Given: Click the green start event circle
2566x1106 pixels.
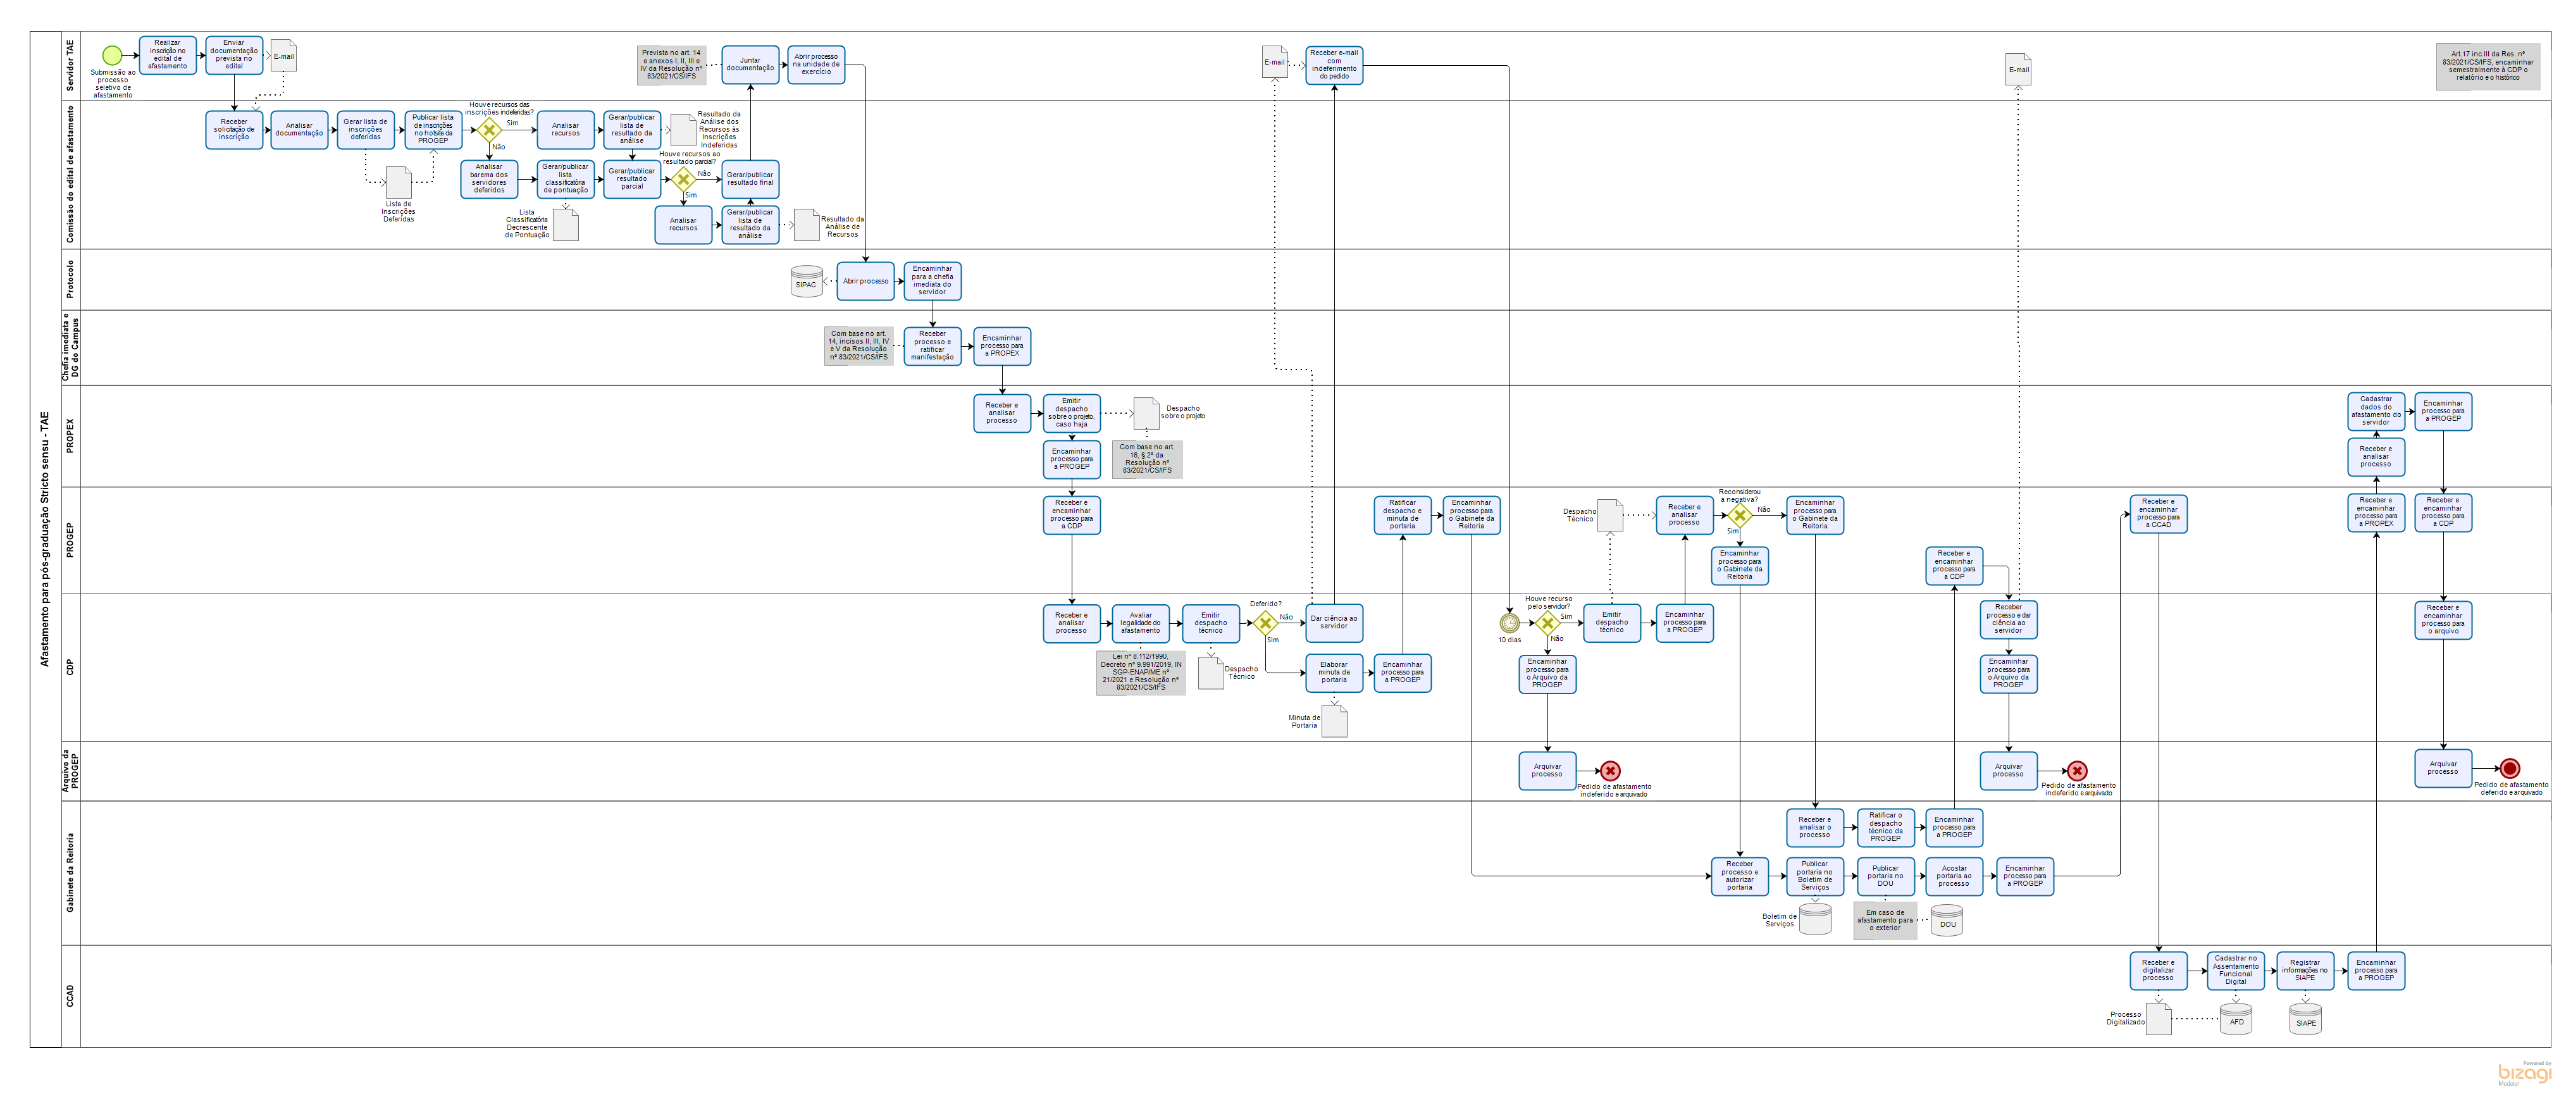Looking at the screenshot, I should point(113,56).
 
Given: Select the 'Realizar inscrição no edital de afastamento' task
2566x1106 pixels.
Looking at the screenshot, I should point(168,56).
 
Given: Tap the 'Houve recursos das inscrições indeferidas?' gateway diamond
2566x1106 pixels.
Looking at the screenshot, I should point(489,130).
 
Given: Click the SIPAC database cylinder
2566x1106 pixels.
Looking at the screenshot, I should point(806,282).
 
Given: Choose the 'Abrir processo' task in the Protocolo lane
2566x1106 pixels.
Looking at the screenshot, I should point(865,281).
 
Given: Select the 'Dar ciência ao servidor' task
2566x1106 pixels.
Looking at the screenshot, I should point(1334,623).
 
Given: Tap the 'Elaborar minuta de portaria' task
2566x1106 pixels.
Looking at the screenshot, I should point(1334,673).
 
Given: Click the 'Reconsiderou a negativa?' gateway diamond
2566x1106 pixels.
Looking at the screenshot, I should point(1739,515).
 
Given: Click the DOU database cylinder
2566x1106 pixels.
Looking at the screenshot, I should point(1947,920).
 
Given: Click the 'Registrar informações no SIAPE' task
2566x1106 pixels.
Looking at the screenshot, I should point(2305,971).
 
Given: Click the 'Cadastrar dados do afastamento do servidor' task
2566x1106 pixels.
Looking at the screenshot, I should point(2376,411).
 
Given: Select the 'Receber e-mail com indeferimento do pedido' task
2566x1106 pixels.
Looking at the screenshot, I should point(1334,65).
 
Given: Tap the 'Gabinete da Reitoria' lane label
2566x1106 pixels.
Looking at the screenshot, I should point(70,873).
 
